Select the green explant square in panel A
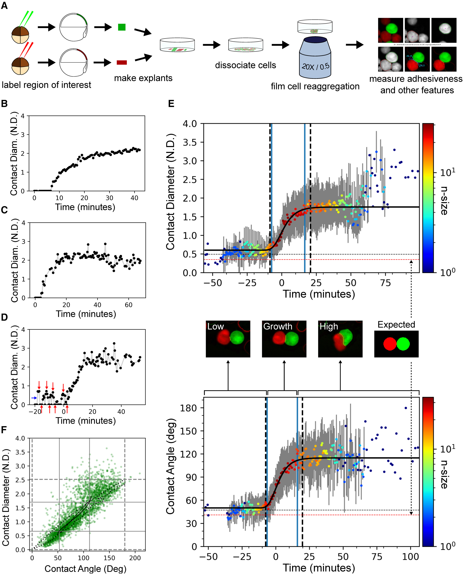122,27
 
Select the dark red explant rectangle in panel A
122,62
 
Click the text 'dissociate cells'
245,65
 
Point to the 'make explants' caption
143,78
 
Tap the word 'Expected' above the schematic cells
396,324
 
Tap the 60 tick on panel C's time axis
129,305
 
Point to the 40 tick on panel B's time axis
134,198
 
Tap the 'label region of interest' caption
46,85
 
